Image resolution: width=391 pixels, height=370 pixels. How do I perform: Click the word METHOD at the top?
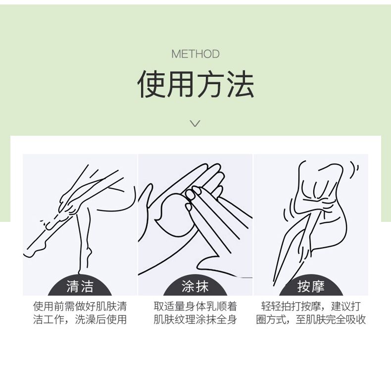pos(195,54)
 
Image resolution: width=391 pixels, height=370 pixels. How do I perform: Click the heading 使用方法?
pos(196,84)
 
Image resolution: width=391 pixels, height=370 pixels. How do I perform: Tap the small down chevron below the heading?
pos(195,123)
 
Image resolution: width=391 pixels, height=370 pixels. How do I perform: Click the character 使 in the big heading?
pos(151,84)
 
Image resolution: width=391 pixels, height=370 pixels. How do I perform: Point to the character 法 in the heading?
pos(241,84)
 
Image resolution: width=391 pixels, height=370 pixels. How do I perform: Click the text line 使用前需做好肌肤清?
pos(80,307)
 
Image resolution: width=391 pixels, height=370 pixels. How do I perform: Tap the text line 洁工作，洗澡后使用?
pos(80,319)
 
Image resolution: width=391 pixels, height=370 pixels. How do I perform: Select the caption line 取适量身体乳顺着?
pos(195,307)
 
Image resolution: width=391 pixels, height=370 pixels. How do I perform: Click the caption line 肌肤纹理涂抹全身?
pos(195,319)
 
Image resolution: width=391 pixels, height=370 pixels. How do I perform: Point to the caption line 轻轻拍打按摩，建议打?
pos(311,307)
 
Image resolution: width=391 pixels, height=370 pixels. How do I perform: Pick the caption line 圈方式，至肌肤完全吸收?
pos(311,319)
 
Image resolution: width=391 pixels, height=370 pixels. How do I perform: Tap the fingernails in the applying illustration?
pos(192,197)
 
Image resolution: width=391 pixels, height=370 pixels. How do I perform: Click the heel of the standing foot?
pos(89,253)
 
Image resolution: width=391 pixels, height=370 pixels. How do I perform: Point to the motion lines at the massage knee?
pos(354,170)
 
